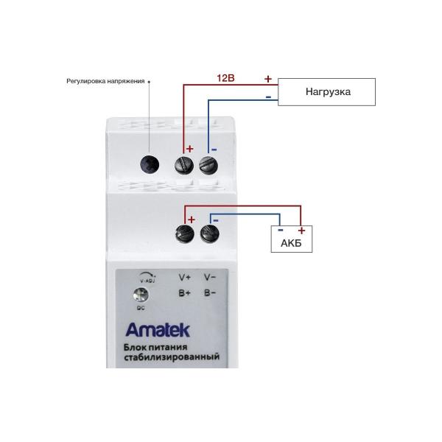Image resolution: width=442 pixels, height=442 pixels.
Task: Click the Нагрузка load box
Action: coord(328,92)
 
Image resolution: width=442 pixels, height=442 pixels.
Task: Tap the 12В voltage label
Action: coord(225,77)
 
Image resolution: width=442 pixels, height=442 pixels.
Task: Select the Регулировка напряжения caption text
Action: coord(105,81)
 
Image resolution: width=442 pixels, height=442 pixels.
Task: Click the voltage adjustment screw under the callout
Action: coord(150,164)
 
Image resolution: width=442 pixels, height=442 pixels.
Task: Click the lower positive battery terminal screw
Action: coord(184,234)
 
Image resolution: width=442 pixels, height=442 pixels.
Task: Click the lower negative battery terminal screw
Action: coord(208,234)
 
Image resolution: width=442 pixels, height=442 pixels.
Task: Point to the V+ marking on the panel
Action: coord(184,278)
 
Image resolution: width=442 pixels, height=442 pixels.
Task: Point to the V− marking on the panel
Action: coord(209,278)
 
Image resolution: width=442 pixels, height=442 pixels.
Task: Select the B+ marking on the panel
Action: coord(184,293)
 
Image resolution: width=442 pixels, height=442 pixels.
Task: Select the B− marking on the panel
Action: coord(209,293)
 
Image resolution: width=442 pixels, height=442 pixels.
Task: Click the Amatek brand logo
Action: coord(150,329)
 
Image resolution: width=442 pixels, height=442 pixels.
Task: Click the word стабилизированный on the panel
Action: coord(173,357)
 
